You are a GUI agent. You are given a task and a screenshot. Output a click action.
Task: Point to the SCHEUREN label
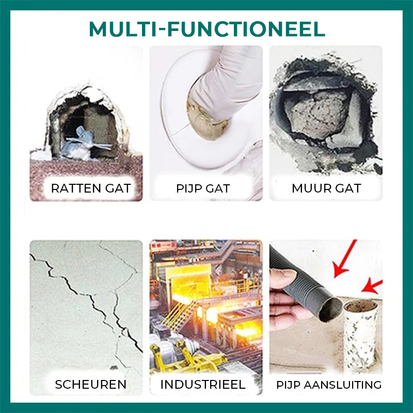pos(90,384)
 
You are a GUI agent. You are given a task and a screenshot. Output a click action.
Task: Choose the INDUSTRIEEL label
pos(203,384)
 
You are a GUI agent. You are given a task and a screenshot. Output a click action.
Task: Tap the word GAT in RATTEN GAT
pos(118,188)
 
